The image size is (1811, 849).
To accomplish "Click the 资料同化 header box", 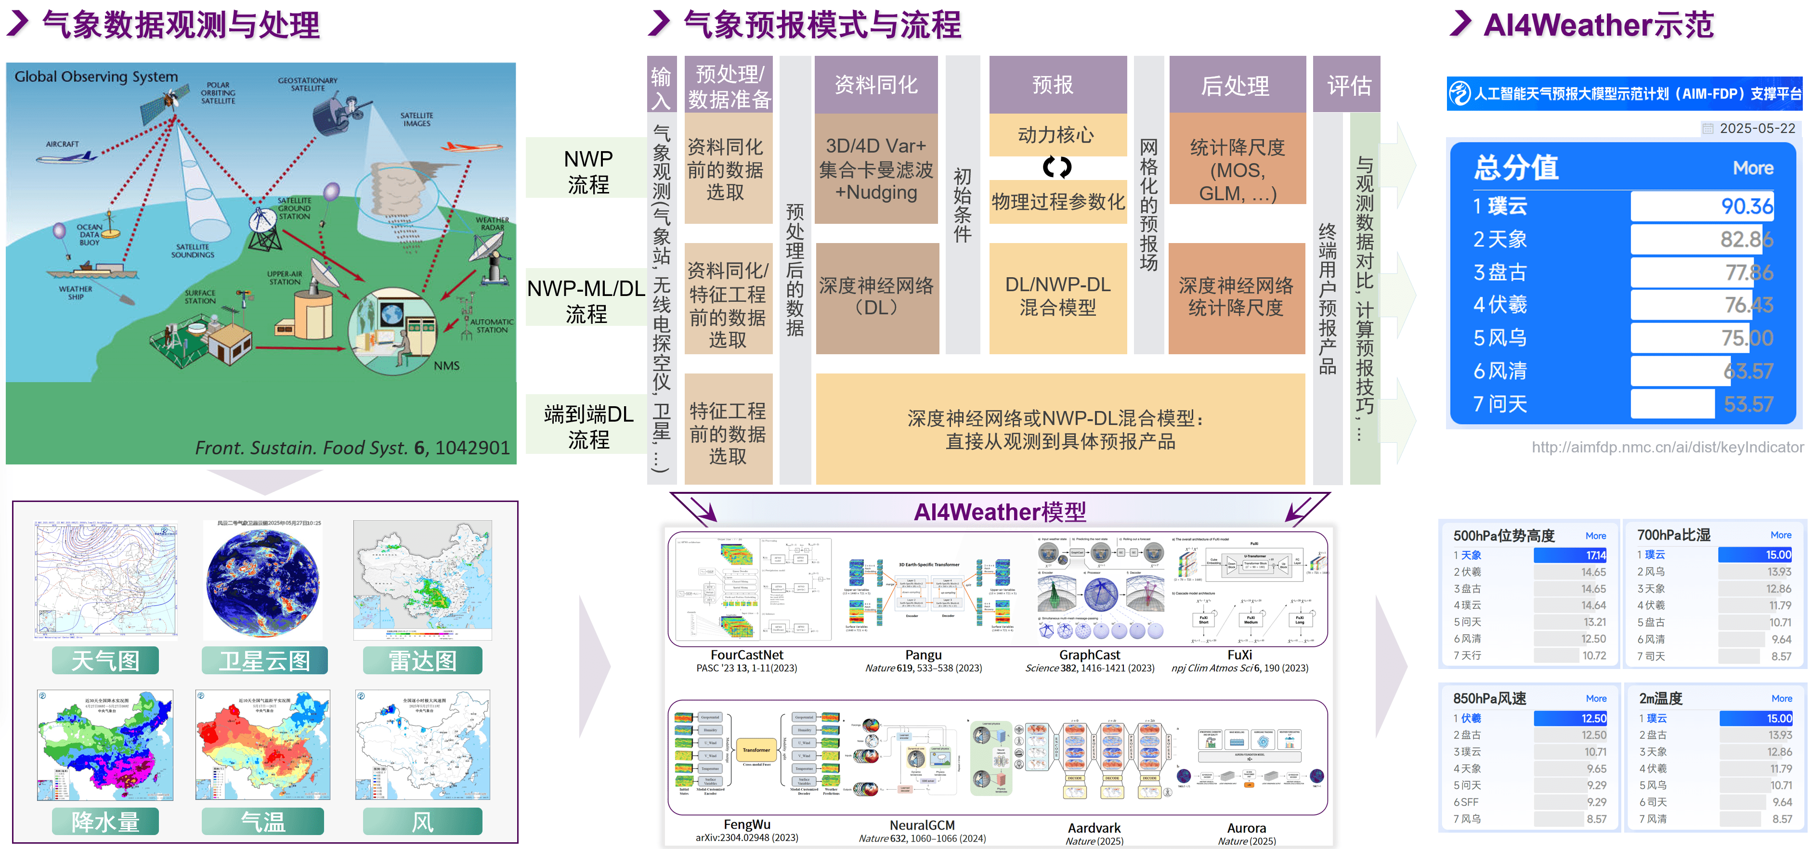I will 875,85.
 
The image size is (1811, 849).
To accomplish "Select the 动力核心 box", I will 1056,134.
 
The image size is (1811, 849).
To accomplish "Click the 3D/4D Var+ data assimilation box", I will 876,168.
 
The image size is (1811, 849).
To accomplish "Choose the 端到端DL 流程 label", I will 588,426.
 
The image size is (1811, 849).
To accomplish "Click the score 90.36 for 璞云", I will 1746,206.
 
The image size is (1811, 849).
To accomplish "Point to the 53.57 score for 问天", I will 1748,404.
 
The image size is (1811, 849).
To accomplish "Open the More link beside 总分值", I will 1753,168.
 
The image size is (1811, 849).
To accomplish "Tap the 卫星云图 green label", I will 264,661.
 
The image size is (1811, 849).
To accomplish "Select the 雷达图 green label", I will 422,661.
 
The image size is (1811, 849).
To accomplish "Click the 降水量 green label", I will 105,822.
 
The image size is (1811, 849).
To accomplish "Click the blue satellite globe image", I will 262,583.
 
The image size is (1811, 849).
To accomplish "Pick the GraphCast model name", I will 1089,655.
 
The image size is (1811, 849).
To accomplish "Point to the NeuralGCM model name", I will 922,825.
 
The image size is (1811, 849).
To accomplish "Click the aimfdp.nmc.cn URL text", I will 1667,447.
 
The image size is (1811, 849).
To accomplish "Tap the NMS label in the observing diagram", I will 446,365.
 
